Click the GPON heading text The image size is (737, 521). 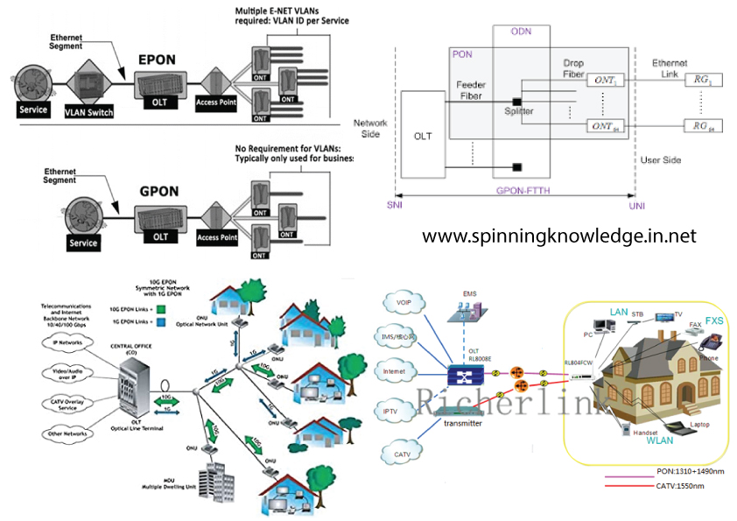pyautogui.click(x=159, y=187)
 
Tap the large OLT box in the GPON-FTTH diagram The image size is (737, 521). pyautogui.click(x=423, y=136)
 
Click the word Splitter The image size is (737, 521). pyautogui.click(x=518, y=113)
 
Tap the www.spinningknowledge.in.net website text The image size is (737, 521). pyautogui.click(x=559, y=236)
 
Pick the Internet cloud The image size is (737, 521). pyautogui.click(x=397, y=370)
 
